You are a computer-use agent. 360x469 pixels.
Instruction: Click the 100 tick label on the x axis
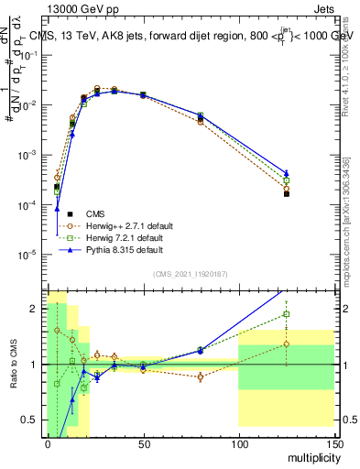tap(238, 443)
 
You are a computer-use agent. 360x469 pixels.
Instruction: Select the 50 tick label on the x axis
tap(142, 443)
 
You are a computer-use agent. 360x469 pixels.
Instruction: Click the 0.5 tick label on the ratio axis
tap(31, 420)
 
